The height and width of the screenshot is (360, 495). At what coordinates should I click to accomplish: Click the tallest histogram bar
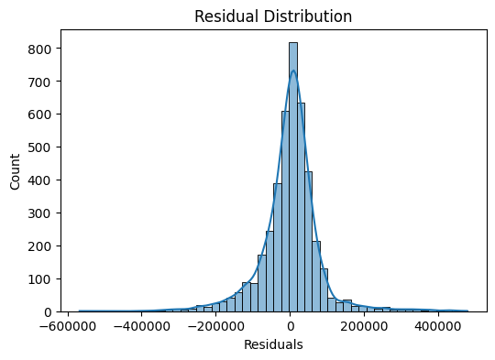click(293, 174)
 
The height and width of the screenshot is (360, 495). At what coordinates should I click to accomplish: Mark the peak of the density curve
click(293, 71)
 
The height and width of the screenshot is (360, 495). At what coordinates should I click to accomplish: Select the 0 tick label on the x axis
click(291, 325)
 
